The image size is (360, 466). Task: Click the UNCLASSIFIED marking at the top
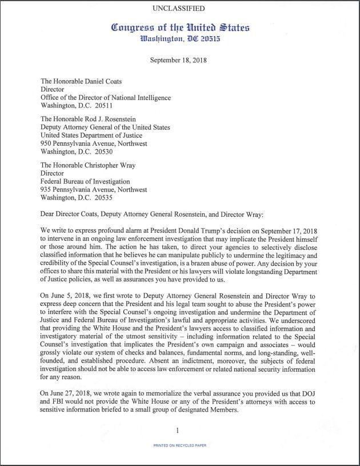[x=179, y=9]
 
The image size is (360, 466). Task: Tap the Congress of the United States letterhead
[x=180, y=27]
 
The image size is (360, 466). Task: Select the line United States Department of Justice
[x=95, y=136]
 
